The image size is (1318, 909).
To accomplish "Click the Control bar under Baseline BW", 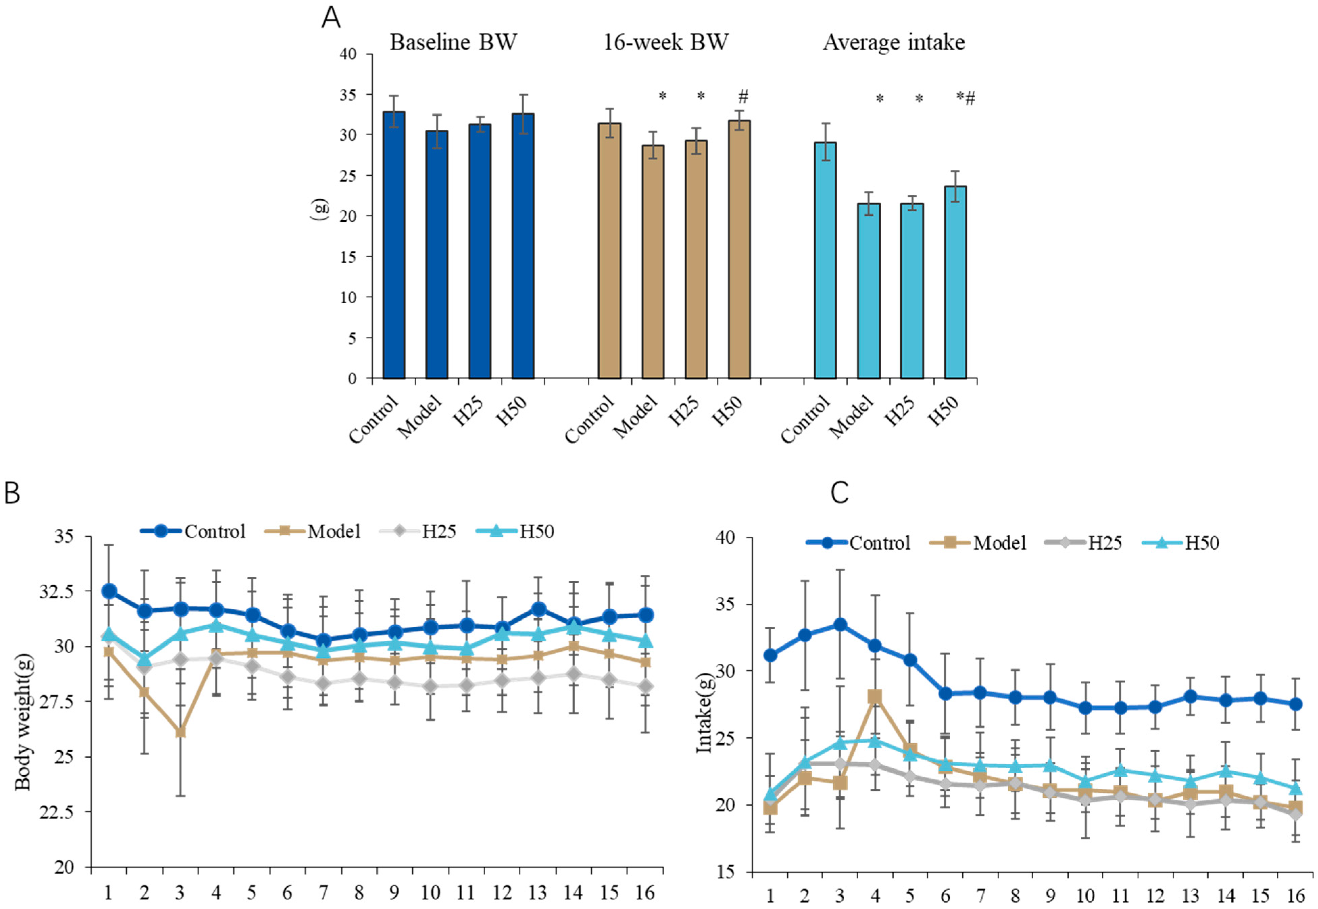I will pos(394,245).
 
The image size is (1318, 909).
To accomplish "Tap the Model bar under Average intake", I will pos(869,291).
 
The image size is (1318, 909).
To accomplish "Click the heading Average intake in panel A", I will pos(894,43).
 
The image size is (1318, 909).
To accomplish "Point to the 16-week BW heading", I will pos(665,43).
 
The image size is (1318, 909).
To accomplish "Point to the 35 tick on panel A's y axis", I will pos(348,95).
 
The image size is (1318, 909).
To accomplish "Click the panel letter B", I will pos(13,493).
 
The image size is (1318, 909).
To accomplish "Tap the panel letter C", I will pos(840,493).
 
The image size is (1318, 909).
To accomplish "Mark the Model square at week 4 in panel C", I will pos(874,697).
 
